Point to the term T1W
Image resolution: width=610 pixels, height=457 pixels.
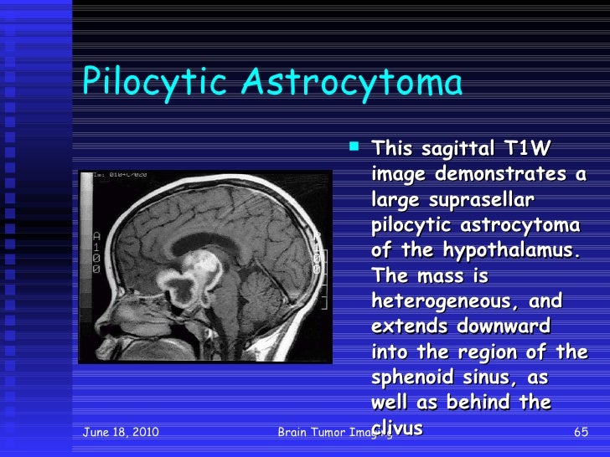526,150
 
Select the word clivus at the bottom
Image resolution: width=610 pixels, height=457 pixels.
397,429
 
